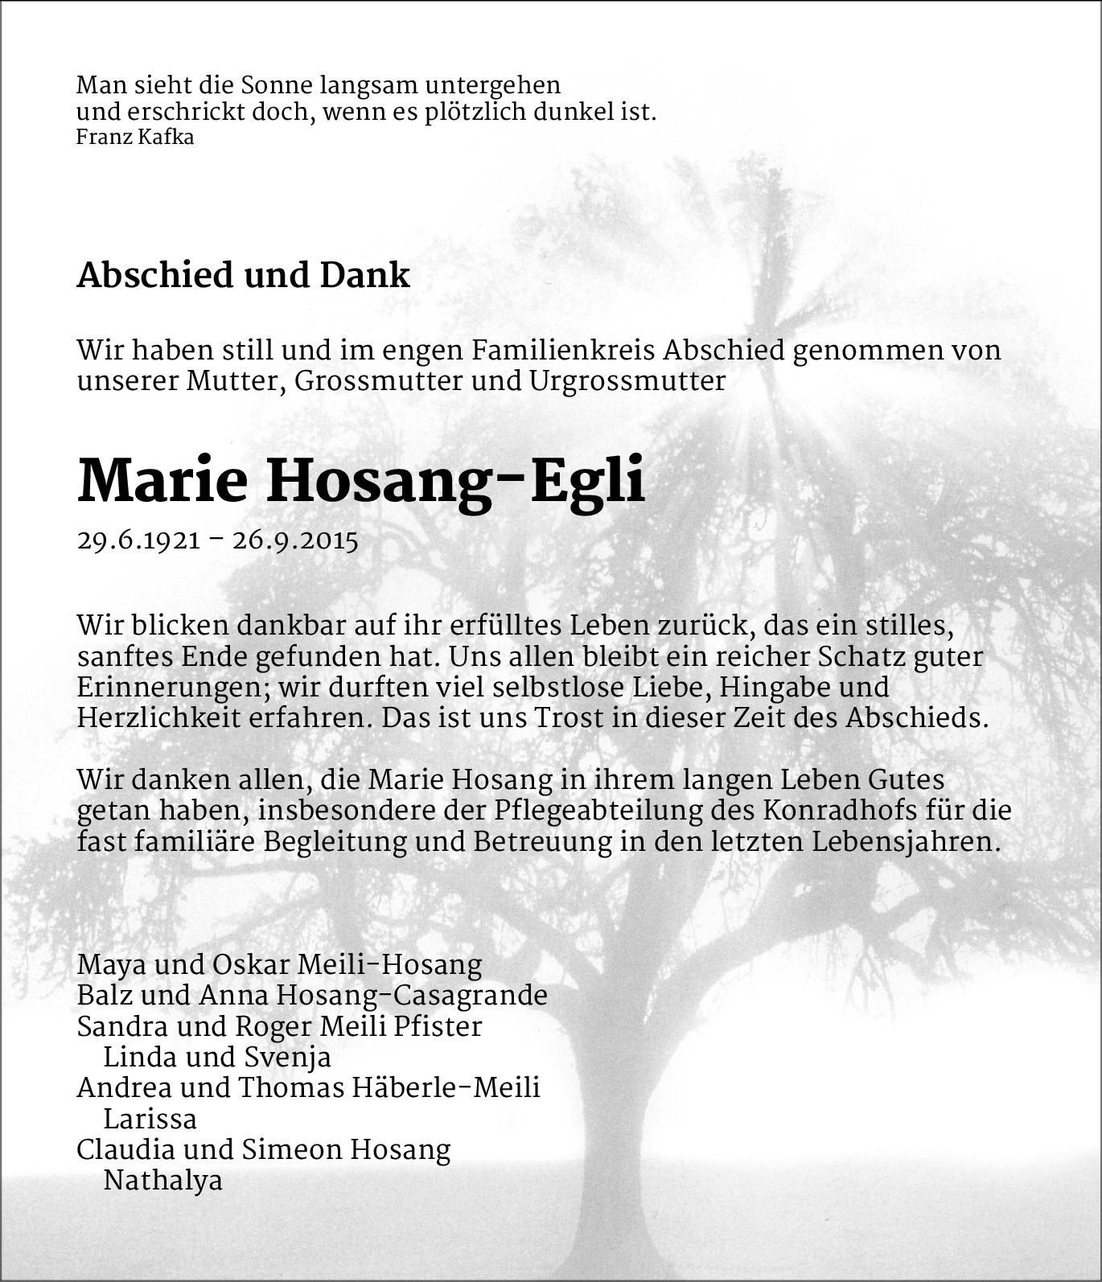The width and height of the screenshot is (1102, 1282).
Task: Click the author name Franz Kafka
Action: point(134,137)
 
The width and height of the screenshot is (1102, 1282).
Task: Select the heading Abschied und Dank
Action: point(243,275)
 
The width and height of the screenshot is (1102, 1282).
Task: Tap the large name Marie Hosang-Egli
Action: point(361,482)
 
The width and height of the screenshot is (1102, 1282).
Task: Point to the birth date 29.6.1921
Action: point(138,540)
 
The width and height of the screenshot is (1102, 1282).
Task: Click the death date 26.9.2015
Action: point(294,540)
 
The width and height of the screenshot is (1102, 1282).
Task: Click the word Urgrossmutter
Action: point(627,380)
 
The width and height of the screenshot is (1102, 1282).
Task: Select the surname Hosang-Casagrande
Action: point(412,996)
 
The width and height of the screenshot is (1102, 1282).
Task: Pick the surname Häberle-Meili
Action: point(446,1088)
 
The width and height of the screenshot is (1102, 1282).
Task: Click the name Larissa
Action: point(150,1120)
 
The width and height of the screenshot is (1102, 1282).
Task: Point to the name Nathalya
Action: point(162,1181)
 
